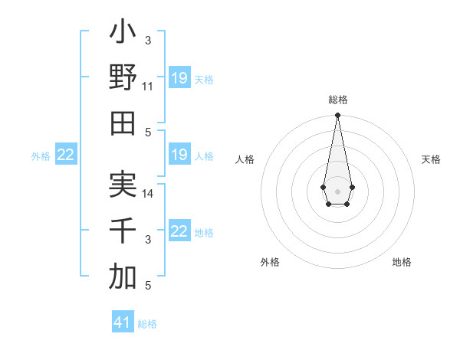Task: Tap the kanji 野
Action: click(x=123, y=77)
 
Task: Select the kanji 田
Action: click(x=123, y=123)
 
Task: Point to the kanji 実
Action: click(x=123, y=185)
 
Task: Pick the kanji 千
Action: click(x=123, y=231)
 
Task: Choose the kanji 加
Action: click(x=123, y=277)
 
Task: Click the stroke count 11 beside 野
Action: click(x=148, y=87)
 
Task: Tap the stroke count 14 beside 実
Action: click(x=148, y=194)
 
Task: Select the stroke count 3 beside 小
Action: click(x=148, y=41)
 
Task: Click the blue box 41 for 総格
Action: click(x=123, y=322)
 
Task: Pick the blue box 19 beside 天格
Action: click(x=179, y=78)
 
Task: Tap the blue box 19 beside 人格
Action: click(x=179, y=155)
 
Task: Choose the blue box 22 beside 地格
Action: click(x=179, y=231)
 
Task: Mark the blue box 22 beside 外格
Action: click(x=65, y=155)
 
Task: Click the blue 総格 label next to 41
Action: click(x=147, y=324)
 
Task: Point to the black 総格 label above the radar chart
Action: click(x=337, y=100)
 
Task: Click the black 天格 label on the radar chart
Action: click(x=431, y=159)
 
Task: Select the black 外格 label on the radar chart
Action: click(x=270, y=262)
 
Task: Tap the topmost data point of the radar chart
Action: click(x=337, y=116)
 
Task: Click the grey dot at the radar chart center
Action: click(x=337, y=190)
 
